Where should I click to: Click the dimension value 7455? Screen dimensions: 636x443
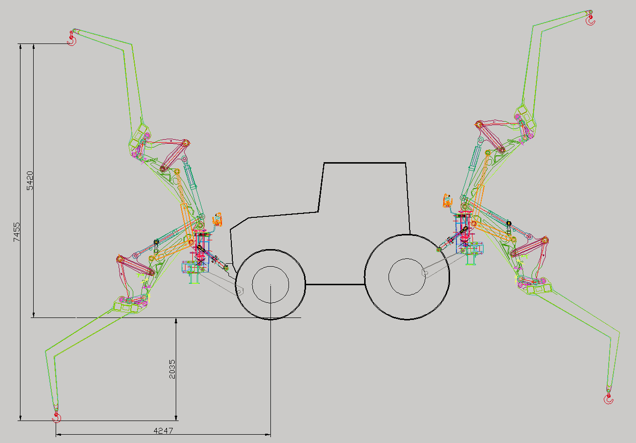17,232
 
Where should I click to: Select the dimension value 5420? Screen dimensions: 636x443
30,180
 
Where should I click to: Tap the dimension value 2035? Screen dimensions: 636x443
172,369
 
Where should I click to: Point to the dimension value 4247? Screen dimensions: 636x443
163,431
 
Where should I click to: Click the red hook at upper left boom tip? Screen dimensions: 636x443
72,39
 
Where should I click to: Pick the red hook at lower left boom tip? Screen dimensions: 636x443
57,417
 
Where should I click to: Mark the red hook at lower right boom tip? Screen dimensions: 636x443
608,399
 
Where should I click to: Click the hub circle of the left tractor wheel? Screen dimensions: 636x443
270,284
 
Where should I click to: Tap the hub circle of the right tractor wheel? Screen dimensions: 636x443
407,277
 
